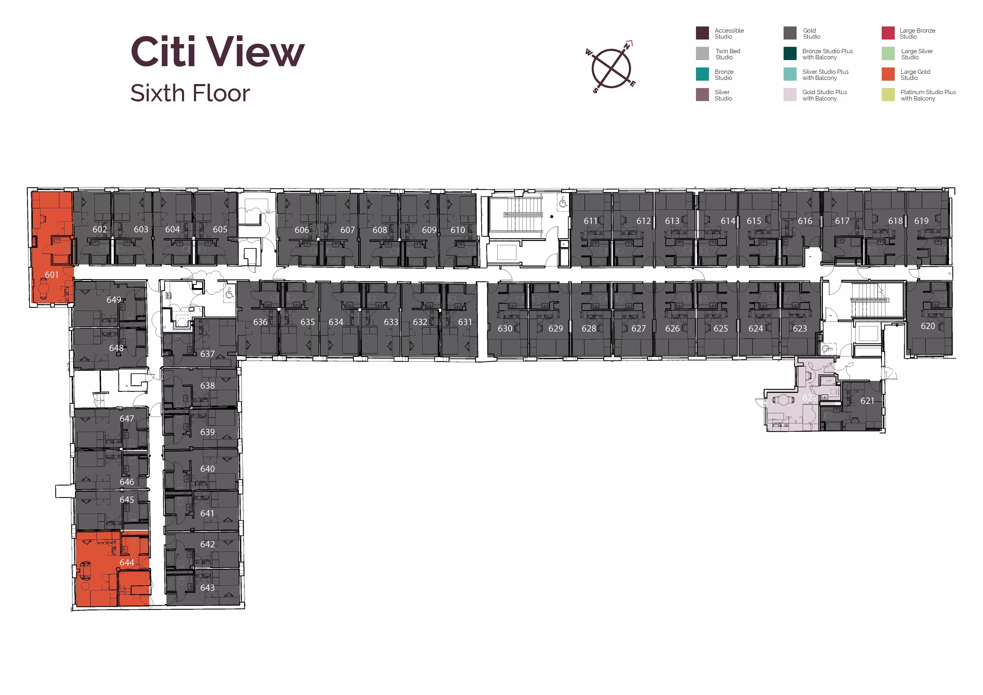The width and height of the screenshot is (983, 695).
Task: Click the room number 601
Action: click(x=52, y=275)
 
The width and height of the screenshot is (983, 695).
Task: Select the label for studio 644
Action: click(x=127, y=562)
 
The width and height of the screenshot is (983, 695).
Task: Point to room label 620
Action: click(x=928, y=326)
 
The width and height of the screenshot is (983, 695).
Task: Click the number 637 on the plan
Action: click(x=208, y=354)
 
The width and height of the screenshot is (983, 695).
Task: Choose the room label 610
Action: click(x=458, y=230)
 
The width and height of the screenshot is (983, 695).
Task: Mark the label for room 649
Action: click(x=114, y=300)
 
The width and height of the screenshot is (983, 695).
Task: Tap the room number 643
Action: click(x=208, y=588)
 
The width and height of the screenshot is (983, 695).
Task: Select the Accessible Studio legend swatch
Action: click(x=702, y=33)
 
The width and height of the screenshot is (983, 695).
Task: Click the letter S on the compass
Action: click(x=595, y=90)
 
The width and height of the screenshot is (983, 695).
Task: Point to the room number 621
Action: click(x=867, y=401)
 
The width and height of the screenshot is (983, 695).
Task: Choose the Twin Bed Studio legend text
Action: click(x=728, y=54)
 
